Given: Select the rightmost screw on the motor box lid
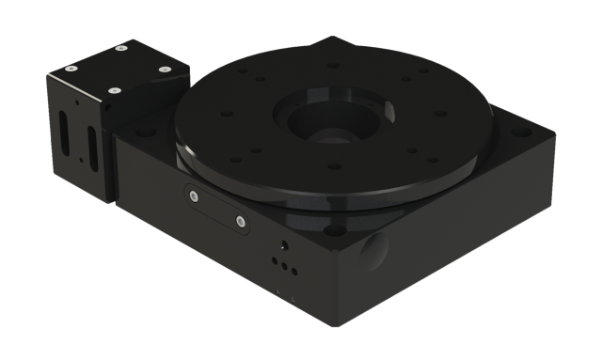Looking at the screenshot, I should pyautogui.click(x=165, y=68).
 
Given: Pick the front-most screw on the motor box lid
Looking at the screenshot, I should pyautogui.click(x=114, y=91).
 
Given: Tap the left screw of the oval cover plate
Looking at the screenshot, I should pyautogui.click(x=194, y=197).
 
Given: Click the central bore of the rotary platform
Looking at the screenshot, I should pyautogui.click(x=328, y=123).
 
